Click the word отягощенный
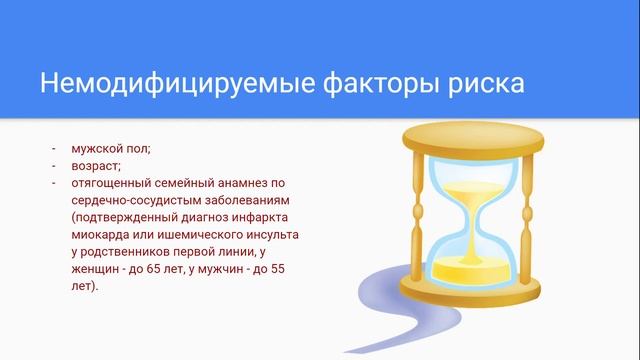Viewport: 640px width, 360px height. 115,182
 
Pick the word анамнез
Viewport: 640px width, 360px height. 256,182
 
